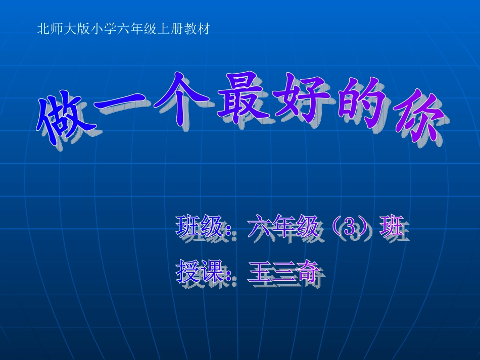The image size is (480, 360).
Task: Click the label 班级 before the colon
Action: (x=199, y=227)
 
